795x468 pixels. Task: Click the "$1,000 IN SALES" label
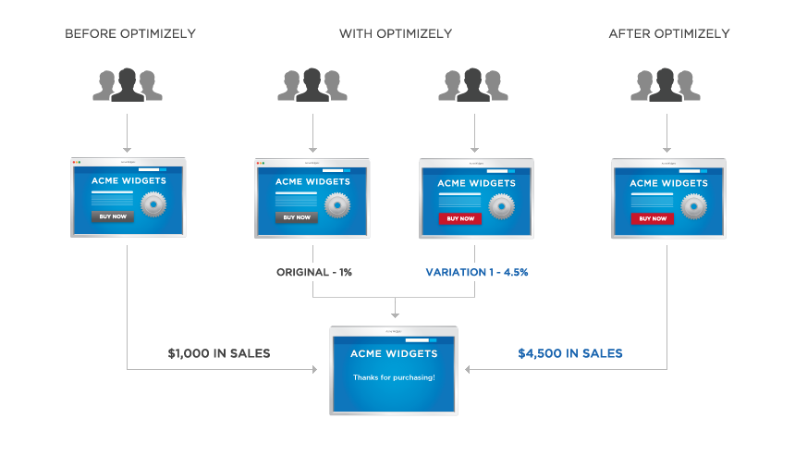click(219, 353)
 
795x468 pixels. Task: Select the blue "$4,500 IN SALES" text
click(570, 353)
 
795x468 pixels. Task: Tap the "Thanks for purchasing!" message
click(394, 378)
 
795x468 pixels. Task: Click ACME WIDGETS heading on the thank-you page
click(394, 354)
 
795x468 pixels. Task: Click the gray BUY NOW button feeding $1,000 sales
click(113, 216)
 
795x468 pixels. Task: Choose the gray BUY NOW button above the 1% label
click(297, 217)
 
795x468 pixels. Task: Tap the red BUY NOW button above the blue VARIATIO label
click(459, 218)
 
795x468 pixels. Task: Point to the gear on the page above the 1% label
click(337, 204)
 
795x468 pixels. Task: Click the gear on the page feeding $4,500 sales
click(692, 205)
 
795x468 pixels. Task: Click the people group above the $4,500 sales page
click(666, 85)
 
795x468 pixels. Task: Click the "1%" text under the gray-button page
click(344, 273)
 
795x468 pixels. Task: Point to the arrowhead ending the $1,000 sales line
click(315, 370)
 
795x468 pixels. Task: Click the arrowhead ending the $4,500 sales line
click(469, 370)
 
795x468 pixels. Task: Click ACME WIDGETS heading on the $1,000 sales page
click(128, 181)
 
